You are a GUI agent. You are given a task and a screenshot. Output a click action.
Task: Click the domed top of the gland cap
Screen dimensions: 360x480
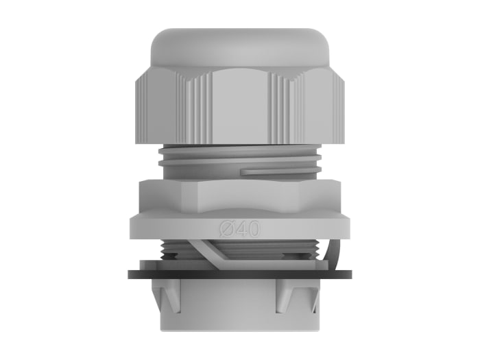pos(240,45)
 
